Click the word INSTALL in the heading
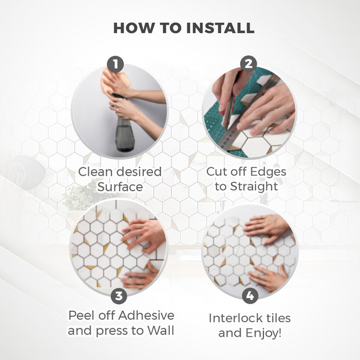[220, 28]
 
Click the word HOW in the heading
[134, 28]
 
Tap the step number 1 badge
[115, 64]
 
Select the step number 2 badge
[248, 64]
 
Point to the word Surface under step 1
[120, 187]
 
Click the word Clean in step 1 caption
[94, 172]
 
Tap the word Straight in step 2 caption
[254, 186]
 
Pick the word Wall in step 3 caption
[160, 331]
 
